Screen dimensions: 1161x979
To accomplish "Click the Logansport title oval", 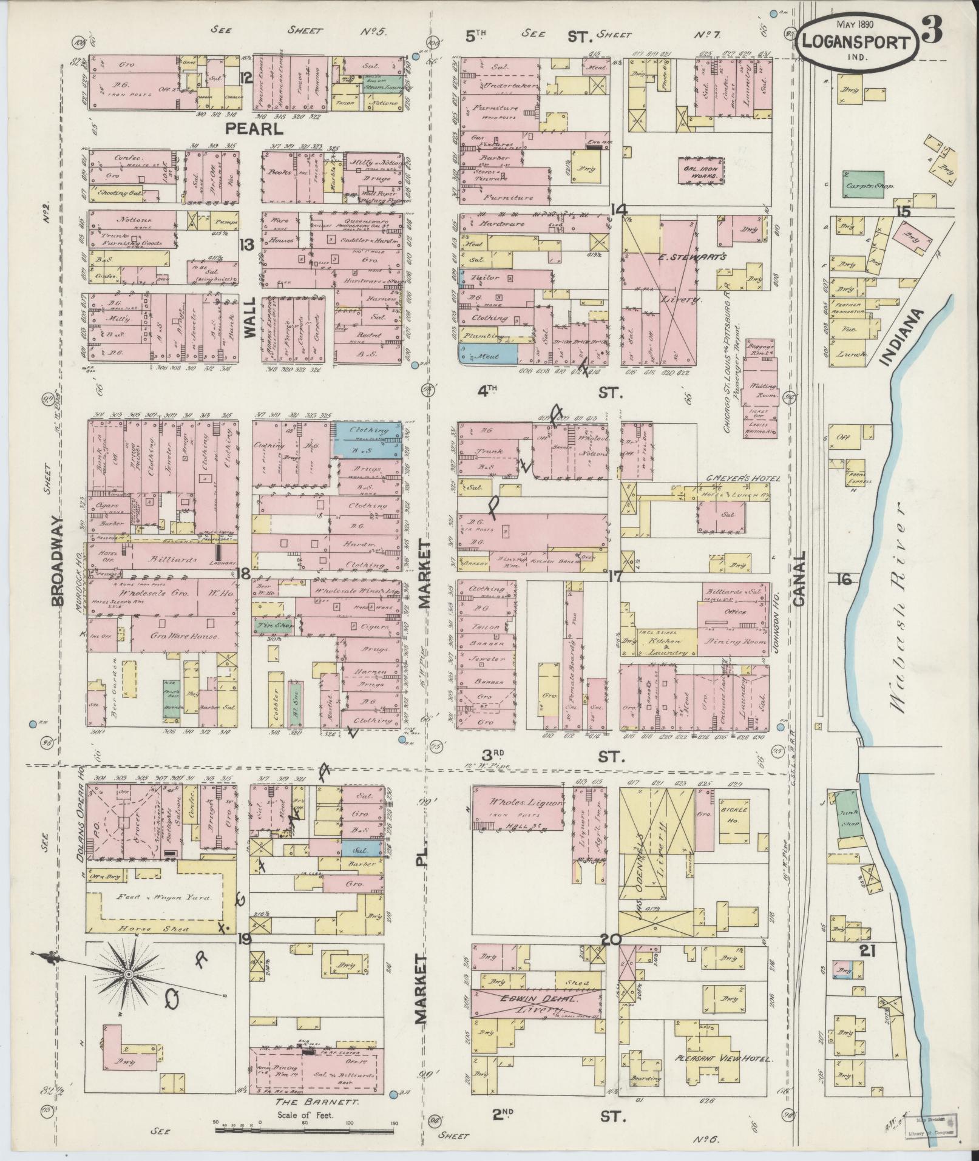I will tap(856, 42).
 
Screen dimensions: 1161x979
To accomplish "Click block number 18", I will tap(244, 575).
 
